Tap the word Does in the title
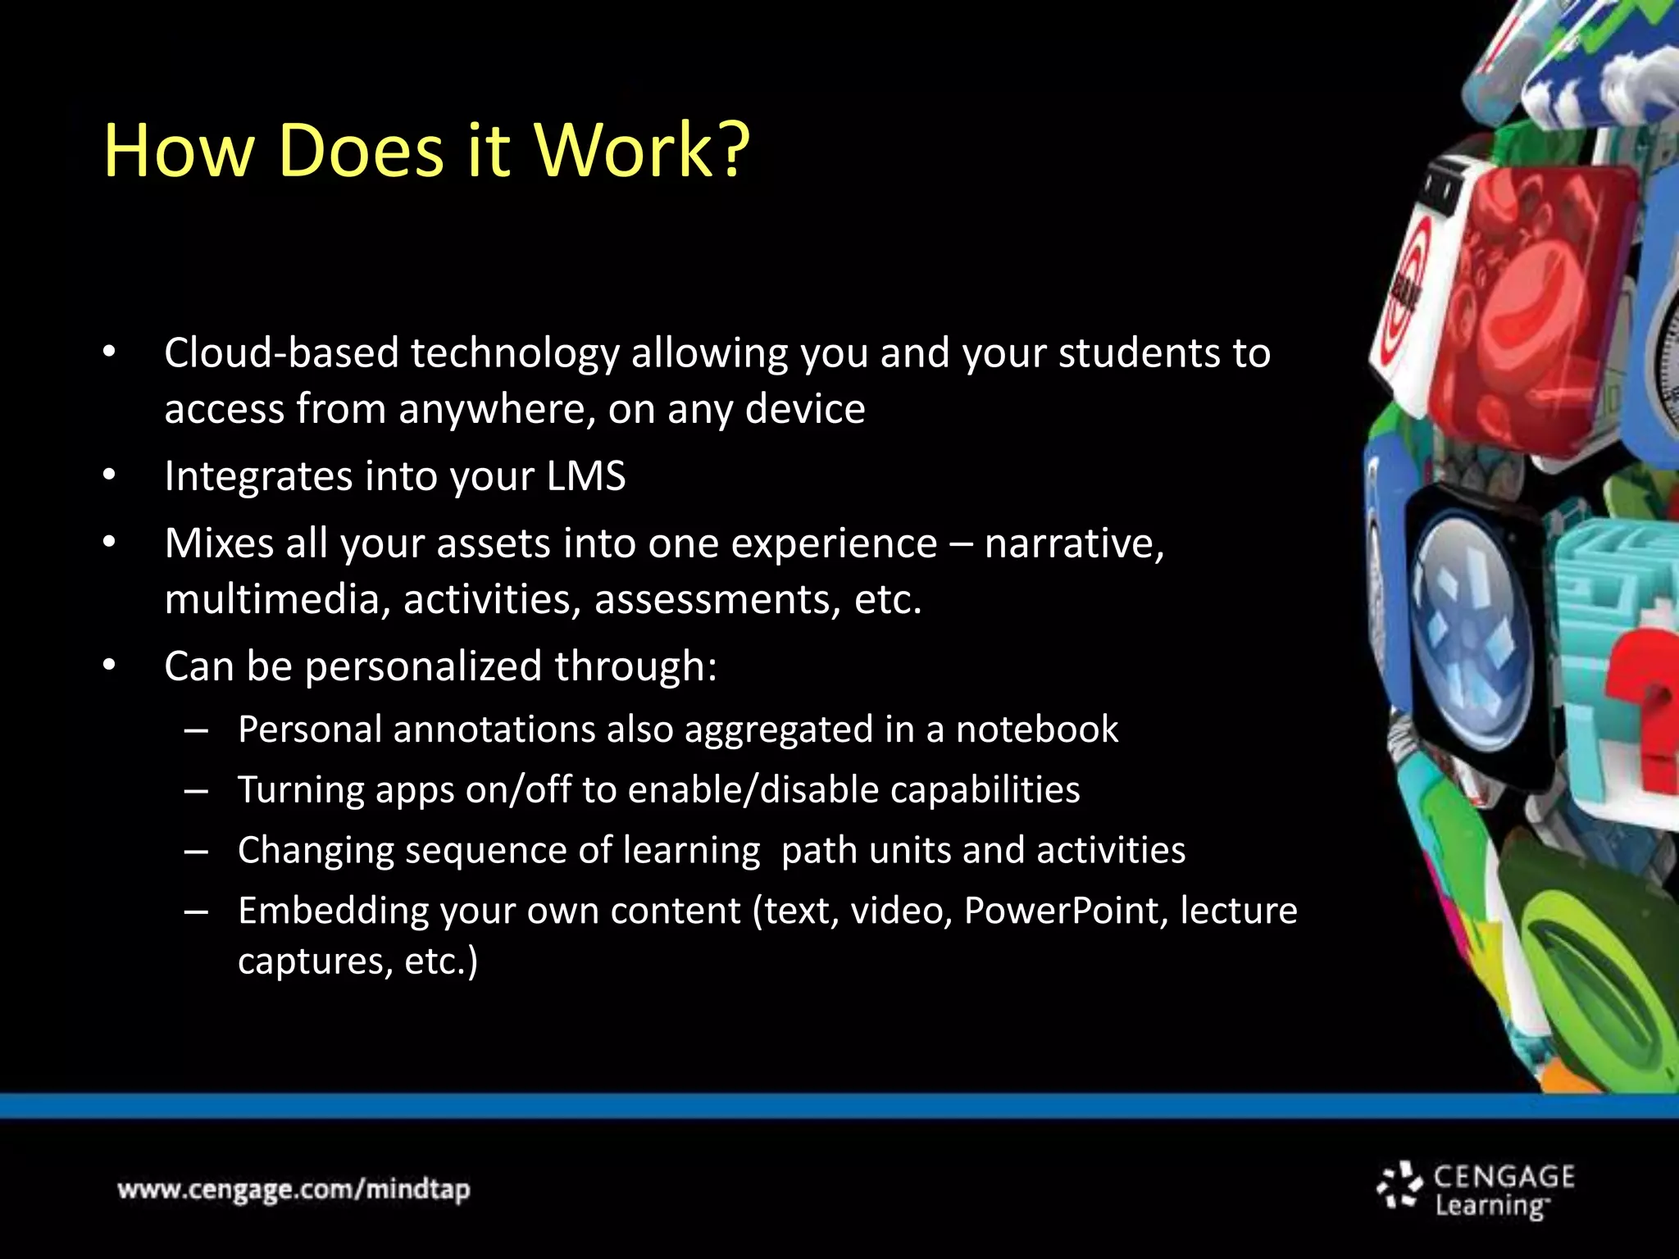click(x=361, y=150)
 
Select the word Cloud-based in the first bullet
click(x=281, y=353)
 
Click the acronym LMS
click(x=586, y=476)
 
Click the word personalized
click(x=423, y=666)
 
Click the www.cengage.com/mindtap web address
click(x=293, y=1189)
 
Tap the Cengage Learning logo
click(x=1476, y=1190)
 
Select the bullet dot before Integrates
click(x=110, y=476)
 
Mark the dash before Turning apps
click(x=196, y=791)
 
